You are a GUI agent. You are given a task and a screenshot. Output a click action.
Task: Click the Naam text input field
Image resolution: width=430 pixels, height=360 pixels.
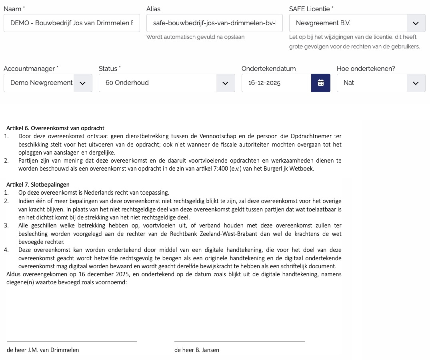pos(72,23)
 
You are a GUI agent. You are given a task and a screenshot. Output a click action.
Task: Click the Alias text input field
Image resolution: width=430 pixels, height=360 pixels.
pos(214,23)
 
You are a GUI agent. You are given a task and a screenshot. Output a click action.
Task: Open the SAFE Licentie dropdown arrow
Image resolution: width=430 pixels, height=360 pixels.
pos(416,23)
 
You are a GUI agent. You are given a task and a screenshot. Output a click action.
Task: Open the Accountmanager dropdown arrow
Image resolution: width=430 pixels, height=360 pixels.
pos(83,83)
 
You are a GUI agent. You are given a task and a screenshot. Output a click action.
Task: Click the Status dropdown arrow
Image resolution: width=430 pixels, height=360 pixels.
pos(226,83)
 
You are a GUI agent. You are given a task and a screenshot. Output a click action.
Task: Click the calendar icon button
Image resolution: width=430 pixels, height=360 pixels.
pos(320,83)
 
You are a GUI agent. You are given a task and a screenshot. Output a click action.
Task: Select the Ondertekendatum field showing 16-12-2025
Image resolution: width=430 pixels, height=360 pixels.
pos(276,83)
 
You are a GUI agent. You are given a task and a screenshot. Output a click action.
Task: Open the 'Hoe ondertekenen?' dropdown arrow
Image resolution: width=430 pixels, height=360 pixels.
pos(416,83)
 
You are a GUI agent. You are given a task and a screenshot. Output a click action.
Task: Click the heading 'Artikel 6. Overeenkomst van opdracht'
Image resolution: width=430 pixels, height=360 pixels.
pos(55,128)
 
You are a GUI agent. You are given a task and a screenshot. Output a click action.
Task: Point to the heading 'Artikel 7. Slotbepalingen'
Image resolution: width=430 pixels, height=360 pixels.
pos(38,185)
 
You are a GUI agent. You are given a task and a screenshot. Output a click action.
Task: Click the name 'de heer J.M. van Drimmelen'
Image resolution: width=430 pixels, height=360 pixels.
pos(43,350)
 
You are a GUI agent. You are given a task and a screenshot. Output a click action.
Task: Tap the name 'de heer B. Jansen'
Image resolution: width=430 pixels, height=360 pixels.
pos(197,350)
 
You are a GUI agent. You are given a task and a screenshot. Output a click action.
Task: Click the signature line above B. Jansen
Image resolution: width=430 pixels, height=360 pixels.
pos(239,342)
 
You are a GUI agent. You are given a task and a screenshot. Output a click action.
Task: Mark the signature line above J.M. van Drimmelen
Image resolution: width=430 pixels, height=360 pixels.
pos(72,342)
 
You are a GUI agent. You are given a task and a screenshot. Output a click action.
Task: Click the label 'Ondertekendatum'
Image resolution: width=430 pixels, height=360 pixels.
pos(268,69)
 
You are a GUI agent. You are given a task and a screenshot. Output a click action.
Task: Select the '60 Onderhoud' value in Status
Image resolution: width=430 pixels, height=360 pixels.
pos(127,83)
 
